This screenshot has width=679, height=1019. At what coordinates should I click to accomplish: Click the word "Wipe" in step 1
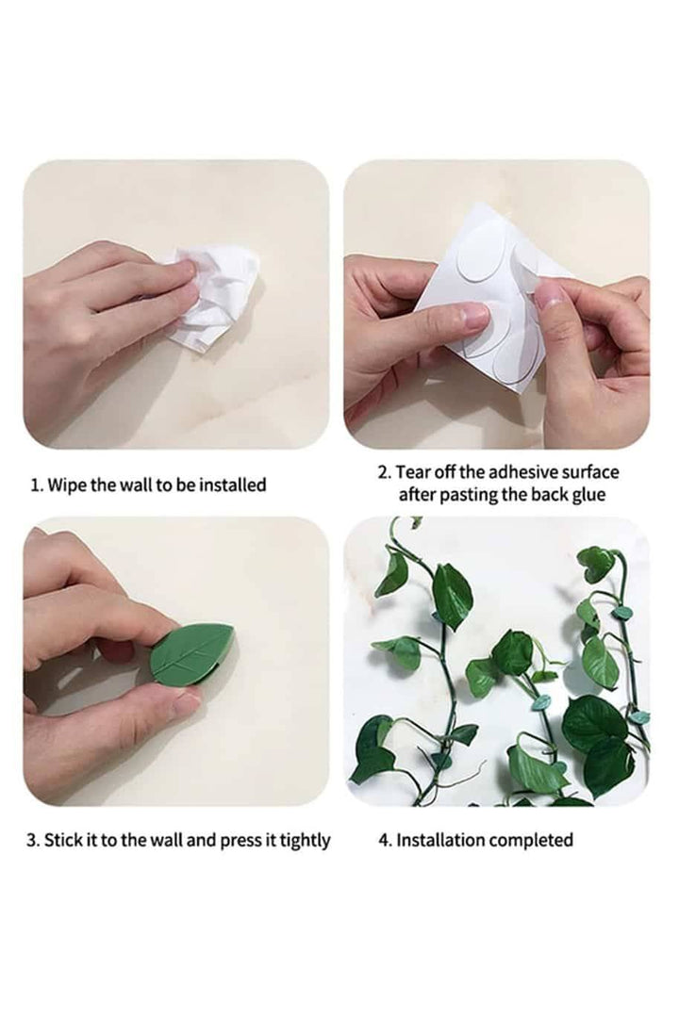tap(67, 485)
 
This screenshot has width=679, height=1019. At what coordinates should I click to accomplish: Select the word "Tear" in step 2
tap(412, 471)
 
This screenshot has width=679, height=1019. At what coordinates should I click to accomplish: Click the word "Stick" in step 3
tap(62, 840)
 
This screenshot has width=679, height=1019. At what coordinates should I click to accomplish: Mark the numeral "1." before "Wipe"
tap(38, 485)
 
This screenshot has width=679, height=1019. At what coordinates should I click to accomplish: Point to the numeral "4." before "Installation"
tap(385, 840)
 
